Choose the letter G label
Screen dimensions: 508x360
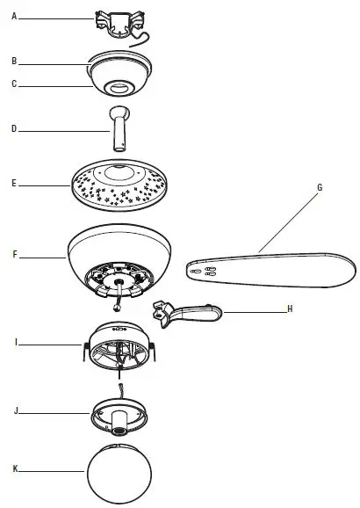coord(320,186)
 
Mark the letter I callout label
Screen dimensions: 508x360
coord(15,339)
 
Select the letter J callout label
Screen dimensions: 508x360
coord(15,410)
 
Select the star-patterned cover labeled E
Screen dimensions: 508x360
coord(119,185)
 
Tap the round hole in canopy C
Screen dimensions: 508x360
coord(119,87)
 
